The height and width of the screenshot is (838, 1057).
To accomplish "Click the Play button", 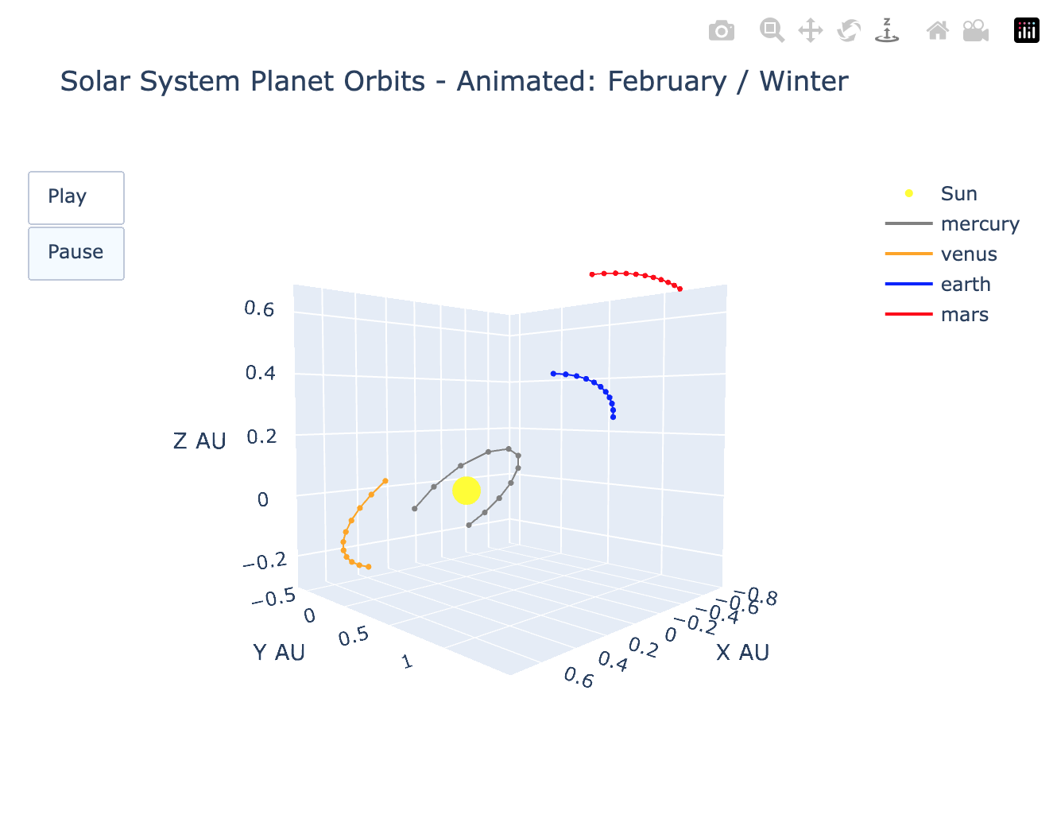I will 75,197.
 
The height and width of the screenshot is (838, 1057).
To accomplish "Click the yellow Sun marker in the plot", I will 466,491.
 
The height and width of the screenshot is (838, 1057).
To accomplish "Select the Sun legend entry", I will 958,193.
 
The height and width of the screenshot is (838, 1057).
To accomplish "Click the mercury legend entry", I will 979,223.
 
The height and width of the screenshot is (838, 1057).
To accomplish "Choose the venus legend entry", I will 968,254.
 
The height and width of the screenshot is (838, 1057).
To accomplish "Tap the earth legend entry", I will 965,284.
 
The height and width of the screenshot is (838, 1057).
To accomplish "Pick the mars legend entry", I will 964,314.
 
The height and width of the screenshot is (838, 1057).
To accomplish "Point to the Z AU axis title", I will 199,440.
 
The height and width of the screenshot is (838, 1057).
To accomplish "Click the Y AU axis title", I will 279,652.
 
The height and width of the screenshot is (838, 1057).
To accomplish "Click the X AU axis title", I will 742,652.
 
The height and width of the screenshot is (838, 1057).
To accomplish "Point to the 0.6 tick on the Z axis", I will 259,308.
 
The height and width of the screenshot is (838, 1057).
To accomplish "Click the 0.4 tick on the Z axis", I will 260,372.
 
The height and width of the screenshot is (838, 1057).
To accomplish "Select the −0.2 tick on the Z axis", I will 264,561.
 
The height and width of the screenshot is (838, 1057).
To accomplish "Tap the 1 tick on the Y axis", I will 408,661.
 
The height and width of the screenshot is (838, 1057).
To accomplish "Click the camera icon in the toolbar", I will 721,31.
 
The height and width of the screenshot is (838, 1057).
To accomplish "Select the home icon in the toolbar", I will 937,31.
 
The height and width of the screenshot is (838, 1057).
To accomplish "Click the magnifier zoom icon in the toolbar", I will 771,31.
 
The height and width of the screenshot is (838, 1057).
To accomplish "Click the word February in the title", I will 667,81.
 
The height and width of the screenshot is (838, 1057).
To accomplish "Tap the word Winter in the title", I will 803,81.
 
